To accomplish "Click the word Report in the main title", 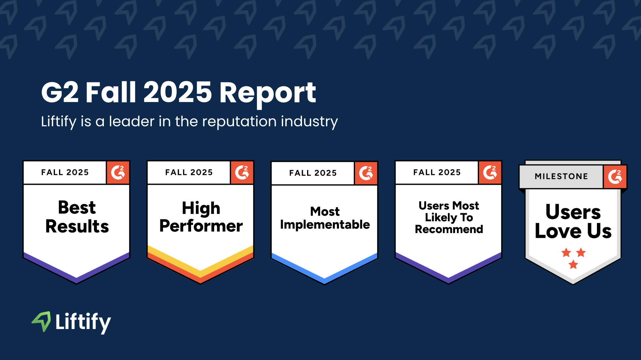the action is coord(268,93).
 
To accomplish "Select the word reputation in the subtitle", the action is coord(239,122).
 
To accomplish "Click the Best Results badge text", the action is coord(77,217).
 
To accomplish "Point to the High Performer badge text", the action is coord(201,217).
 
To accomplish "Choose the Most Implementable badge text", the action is coord(325,218).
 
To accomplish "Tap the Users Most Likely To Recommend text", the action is coord(449,217).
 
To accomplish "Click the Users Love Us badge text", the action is coord(573,221).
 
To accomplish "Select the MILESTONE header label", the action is coord(561,176).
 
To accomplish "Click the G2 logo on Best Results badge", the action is coord(118,173).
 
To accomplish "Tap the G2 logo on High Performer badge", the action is coord(242,173).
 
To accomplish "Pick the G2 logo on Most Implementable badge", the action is coord(366,173).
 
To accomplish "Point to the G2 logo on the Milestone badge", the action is coord(615,177).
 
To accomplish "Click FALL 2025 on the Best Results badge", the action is coord(65,172).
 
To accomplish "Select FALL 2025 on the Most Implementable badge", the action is coord(313,173).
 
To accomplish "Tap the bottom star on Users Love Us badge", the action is coord(574,264).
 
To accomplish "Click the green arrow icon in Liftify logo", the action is coord(42,321).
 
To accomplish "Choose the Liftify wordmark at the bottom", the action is coord(83,322).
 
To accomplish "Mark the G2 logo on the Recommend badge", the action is coord(490,173).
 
